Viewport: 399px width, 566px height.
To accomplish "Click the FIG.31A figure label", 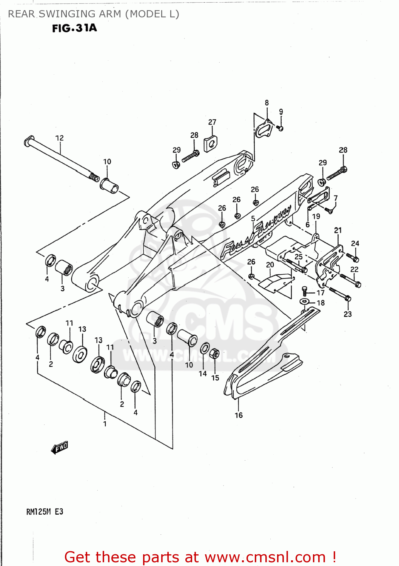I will point(74,28).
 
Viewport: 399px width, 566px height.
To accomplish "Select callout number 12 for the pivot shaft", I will point(60,138).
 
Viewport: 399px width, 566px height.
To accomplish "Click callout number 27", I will point(212,122).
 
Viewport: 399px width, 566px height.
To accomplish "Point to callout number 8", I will point(267,103).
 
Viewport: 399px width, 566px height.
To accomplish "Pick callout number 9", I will point(281,112).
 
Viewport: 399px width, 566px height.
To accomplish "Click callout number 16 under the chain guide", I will point(239,415).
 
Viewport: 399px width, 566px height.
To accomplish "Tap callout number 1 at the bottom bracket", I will point(105,424).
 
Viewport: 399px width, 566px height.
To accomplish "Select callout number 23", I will point(348,314).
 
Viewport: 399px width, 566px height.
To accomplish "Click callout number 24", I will point(355,244).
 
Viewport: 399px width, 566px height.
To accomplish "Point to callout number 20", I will point(270,265).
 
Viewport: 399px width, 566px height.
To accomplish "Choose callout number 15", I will point(215,378).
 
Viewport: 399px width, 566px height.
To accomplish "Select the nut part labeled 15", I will point(214,354).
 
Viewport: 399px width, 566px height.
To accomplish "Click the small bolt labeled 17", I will point(305,291).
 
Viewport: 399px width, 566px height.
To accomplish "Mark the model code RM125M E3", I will point(45,512).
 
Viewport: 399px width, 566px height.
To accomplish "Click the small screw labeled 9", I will point(280,128).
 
